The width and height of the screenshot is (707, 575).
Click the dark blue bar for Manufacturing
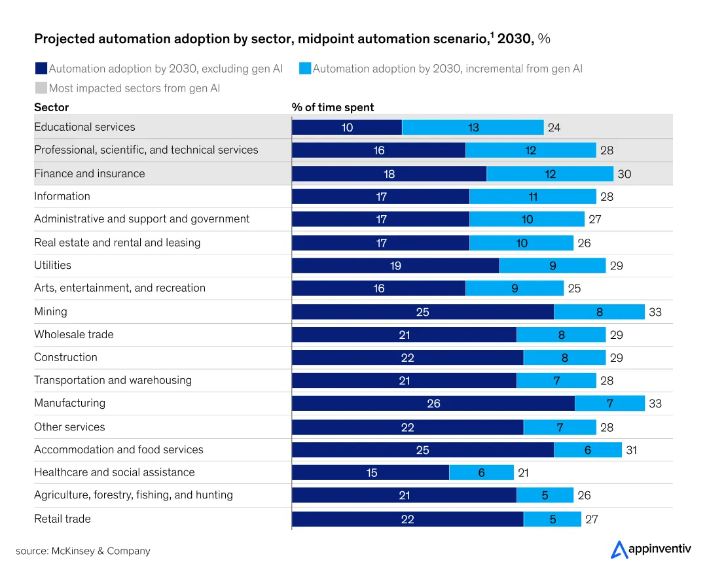point(433,404)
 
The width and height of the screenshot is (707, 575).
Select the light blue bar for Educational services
point(473,128)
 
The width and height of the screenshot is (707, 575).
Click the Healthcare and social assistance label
point(114,472)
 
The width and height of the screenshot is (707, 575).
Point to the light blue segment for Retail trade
point(552,519)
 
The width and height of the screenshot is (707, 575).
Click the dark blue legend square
point(41,68)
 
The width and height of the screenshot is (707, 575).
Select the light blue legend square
point(304,68)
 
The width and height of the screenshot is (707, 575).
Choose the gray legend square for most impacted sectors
point(41,88)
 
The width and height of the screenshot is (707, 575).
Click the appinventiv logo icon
point(619,549)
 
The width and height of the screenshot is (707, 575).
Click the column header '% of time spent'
point(333,107)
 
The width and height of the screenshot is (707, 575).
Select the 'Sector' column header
point(51,107)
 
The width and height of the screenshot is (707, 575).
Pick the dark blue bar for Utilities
point(395,266)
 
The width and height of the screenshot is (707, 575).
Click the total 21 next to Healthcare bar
point(523,473)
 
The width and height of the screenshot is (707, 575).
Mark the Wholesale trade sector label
point(73,334)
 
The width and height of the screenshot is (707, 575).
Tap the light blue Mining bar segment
point(599,312)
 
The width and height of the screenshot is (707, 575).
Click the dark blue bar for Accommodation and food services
point(422,450)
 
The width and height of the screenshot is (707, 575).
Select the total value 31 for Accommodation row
point(631,450)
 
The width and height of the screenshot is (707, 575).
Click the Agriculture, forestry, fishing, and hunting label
point(133,495)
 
